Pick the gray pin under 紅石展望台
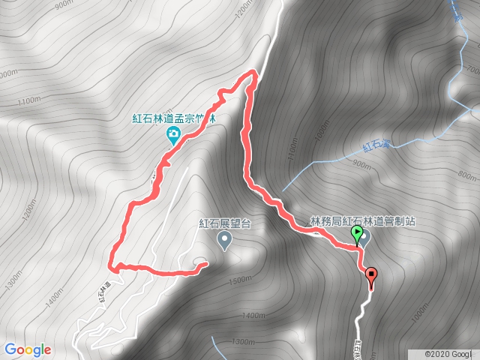pyautogui.click(x=223, y=240)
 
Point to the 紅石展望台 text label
pyautogui.click(x=223, y=223)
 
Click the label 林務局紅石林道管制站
pyautogui.click(x=363, y=223)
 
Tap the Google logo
pyautogui.click(x=27, y=349)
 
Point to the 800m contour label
pyautogui.click(x=466, y=177)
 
